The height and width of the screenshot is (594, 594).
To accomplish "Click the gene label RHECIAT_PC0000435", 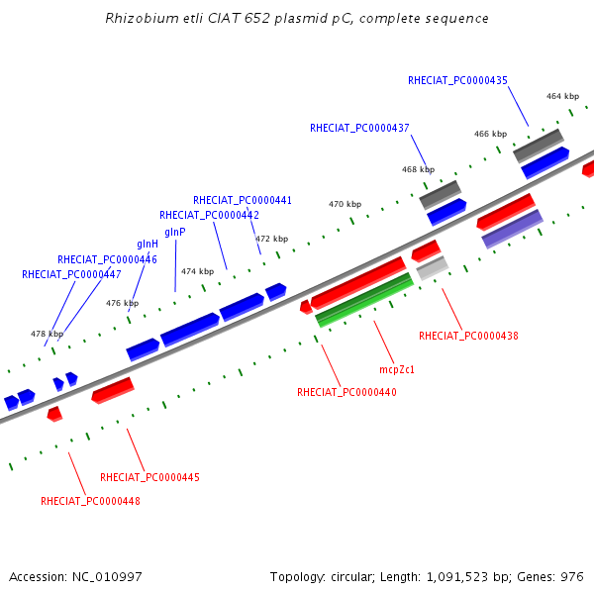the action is click(x=457, y=81).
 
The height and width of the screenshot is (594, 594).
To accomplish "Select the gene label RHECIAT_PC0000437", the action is click(x=359, y=129).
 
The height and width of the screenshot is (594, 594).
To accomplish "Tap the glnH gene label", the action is click(x=148, y=245).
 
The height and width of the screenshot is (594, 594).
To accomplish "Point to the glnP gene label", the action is click(x=175, y=233).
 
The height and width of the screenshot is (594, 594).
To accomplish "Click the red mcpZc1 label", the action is click(x=397, y=369).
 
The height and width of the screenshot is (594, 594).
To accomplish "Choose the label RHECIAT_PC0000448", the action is click(x=90, y=501).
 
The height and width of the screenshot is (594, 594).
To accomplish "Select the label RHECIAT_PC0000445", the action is click(x=149, y=477).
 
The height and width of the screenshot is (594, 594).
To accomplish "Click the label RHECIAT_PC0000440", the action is click(x=346, y=392).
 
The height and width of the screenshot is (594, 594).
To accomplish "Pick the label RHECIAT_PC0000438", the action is click(x=468, y=336).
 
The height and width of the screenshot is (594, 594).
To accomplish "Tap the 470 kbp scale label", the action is click(x=346, y=204).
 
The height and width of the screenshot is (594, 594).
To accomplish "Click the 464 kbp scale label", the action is click(x=562, y=97).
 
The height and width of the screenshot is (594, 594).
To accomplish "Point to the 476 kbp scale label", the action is click(x=123, y=303).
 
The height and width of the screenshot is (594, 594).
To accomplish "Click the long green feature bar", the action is click(x=364, y=300).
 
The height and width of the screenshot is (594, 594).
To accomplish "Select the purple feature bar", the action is click(x=513, y=230).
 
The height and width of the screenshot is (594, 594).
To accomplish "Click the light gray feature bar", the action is click(x=433, y=268).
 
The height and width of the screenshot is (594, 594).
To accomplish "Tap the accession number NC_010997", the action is click(x=107, y=577).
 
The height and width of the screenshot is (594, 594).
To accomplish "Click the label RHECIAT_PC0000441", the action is click(x=243, y=200).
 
